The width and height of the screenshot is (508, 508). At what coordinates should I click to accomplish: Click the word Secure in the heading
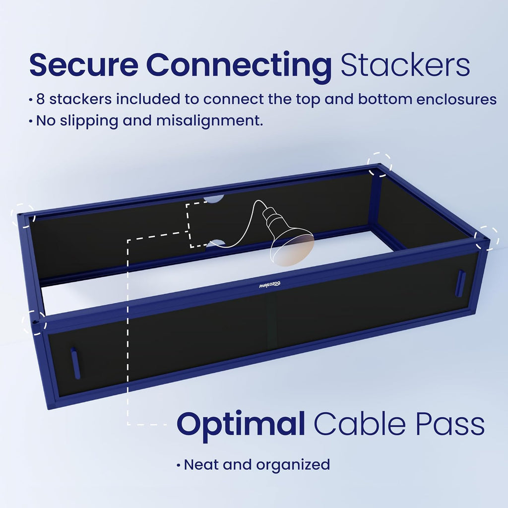point(84,65)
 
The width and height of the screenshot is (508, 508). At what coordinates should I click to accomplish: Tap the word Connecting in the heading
point(239,67)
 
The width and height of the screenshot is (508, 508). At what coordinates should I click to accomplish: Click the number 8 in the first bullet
point(41,99)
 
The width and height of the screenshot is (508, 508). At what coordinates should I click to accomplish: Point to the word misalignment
point(210,121)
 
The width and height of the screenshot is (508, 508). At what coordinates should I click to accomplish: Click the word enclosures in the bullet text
point(456,99)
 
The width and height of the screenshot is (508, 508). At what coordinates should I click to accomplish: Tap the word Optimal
point(241,425)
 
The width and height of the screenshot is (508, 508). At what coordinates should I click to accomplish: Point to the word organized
point(293,465)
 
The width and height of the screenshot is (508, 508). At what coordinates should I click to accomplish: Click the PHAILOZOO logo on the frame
point(270,285)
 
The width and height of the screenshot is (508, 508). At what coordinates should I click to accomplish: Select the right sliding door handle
point(461,283)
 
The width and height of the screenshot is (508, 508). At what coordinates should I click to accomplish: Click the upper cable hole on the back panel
point(214,198)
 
